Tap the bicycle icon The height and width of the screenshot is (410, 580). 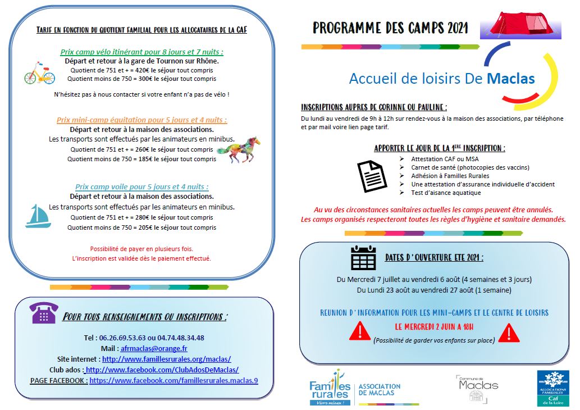39,74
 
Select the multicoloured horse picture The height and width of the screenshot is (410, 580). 238,149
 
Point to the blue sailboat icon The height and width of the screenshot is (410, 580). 38,216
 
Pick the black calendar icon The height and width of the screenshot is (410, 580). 363,258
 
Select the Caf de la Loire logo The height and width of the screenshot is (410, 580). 552,388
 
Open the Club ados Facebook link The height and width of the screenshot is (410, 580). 162,370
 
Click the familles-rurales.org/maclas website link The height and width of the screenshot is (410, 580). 166,359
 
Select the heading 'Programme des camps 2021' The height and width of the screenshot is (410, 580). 390,28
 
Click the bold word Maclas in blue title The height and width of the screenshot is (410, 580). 511,79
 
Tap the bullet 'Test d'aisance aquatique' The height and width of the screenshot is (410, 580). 446,193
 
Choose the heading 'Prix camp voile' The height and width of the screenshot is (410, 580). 142,186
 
